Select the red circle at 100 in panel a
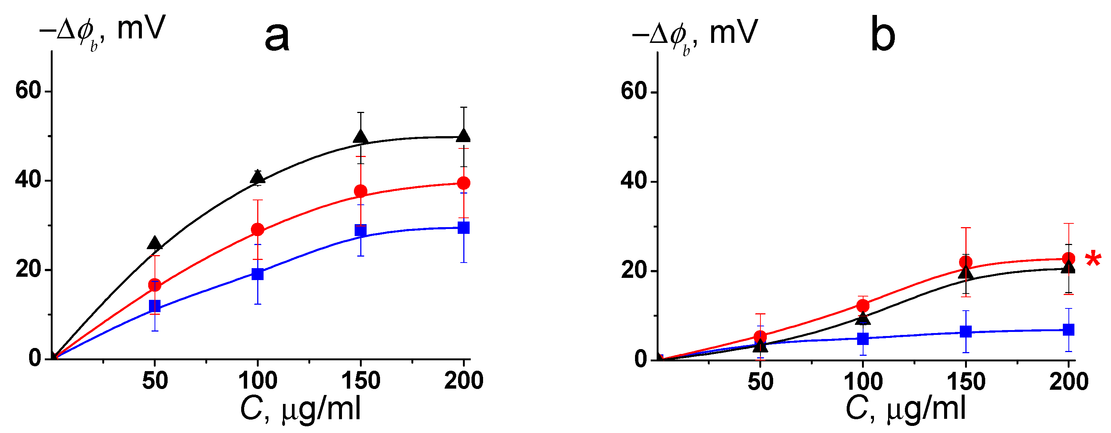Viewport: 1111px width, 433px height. point(258,230)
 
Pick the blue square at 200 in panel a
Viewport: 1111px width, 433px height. point(464,228)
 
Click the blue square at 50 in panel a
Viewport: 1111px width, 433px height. point(155,306)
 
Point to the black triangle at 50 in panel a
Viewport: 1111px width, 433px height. point(155,244)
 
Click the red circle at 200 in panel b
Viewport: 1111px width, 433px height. point(1068,258)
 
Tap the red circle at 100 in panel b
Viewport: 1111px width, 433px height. point(863,305)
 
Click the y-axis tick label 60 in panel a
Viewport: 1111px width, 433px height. point(28,91)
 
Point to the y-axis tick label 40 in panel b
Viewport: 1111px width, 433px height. point(633,181)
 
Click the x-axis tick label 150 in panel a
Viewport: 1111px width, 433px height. point(361,381)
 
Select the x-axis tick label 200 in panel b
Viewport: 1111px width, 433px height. point(1068,382)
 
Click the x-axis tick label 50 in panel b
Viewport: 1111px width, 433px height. point(760,382)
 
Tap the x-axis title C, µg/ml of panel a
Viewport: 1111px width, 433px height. point(301,409)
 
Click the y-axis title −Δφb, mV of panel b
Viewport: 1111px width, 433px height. point(694,34)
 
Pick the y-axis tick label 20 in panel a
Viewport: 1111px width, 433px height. point(28,270)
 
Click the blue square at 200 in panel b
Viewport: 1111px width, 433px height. point(1068,330)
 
